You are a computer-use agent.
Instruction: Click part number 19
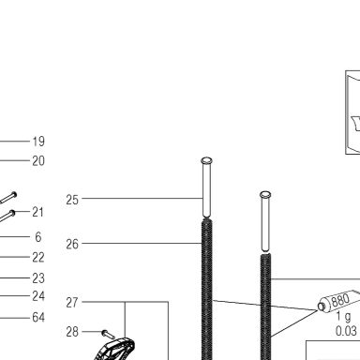(x=38, y=142)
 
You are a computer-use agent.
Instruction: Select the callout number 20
(x=38, y=161)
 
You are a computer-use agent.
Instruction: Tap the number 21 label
(x=38, y=212)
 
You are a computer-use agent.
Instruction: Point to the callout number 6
(x=38, y=237)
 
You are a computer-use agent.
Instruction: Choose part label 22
(x=38, y=258)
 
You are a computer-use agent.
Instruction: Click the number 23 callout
(x=38, y=278)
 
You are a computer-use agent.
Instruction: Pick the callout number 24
(x=38, y=296)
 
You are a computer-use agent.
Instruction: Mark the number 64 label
(x=38, y=318)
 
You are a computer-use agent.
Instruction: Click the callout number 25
(x=72, y=200)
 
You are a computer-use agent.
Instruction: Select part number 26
(x=72, y=244)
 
